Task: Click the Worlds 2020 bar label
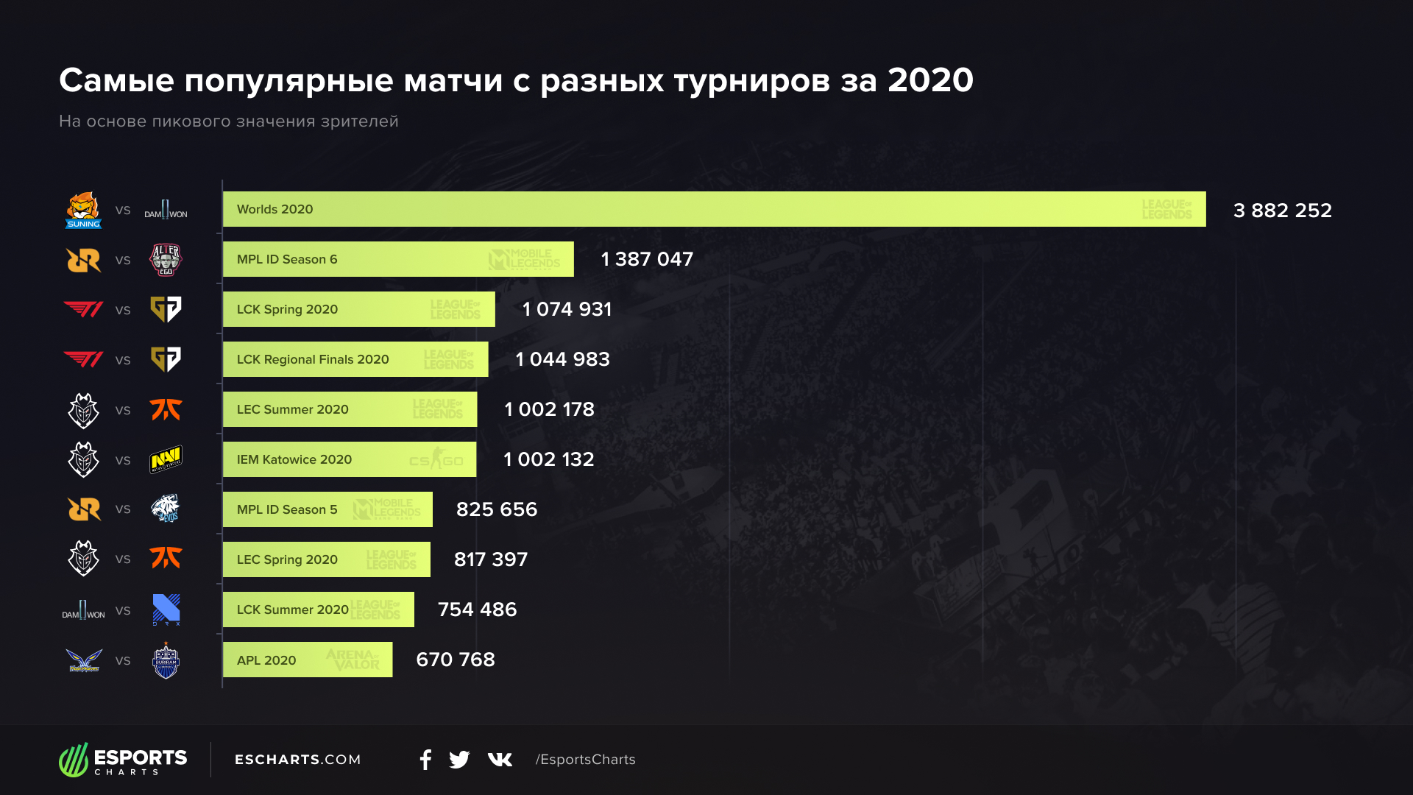pyautogui.click(x=275, y=209)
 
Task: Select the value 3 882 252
pyautogui.click(x=1282, y=211)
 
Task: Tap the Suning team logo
pyautogui.click(x=83, y=211)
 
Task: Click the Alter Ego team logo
pyautogui.click(x=166, y=260)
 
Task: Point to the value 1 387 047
pyautogui.click(x=646, y=259)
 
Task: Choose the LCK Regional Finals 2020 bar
pyautogui.click(x=355, y=359)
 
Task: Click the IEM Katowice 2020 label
pyautogui.click(x=294, y=459)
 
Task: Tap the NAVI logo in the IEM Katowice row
pyautogui.click(x=166, y=459)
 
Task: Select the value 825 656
pyautogui.click(x=496, y=509)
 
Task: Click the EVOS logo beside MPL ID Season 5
pyautogui.click(x=166, y=509)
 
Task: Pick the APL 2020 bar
pyautogui.click(x=307, y=660)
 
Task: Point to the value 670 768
pyautogui.click(x=455, y=660)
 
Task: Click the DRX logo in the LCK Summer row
pyautogui.click(x=166, y=609)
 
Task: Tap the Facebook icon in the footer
pyautogui.click(x=425, y=760)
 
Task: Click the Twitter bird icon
pyautogui.click(x=459, y=760)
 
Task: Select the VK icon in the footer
pyautogui.click(x=500, y=760)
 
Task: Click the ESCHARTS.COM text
pyautogui.click(x=297, y=760)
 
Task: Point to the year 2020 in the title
pyautogui.click(x=930, y=80)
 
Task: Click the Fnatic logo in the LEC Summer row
pyautogui.click(x=166, y=409)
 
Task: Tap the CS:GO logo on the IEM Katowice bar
pyautogui.click(x=436, y=460)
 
